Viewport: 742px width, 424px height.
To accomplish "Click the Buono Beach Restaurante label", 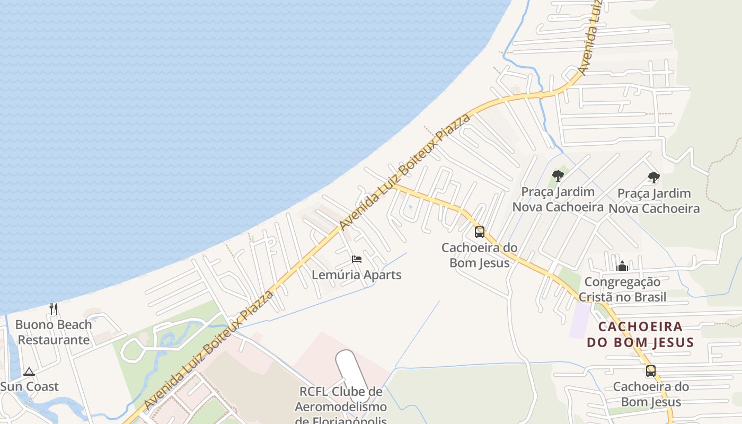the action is (x=54, y=332).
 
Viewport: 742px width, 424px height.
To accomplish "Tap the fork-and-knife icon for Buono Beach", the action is (x=54, y=309).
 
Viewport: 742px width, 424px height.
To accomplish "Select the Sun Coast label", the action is (x=29, y=386).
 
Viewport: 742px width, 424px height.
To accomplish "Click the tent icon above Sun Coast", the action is (x=29, y=372).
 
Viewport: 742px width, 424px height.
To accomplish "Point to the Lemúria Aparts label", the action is (x=356, y=275).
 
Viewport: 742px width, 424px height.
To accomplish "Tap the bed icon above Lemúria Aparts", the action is (x=357, y=259).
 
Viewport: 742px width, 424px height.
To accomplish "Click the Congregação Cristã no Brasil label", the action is (x=622, y=289).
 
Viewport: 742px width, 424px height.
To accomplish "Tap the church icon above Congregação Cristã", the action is (x=623, y=266).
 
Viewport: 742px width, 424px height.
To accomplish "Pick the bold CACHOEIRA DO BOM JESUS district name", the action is (x=640, y=334).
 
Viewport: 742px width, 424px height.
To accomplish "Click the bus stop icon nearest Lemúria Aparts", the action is (x=480, y=232).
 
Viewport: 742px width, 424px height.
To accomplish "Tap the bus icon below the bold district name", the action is (x=651, y=371).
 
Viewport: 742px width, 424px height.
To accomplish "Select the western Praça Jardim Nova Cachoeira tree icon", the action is (x=558, y=176).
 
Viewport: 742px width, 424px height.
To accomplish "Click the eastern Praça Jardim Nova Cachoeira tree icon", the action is (x=654, y=178).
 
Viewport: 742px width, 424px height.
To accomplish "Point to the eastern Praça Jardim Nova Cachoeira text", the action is (x=654, y=201).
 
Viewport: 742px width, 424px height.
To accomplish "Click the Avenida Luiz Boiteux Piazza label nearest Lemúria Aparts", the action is (x=405, y=172).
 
